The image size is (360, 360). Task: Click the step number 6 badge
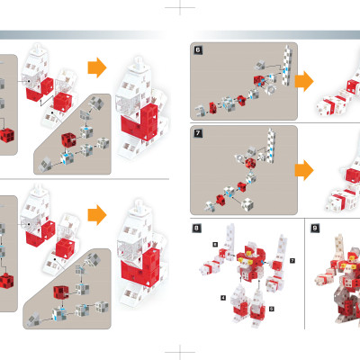tap(198, 50)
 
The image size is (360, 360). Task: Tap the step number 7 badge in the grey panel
tap(198, 133)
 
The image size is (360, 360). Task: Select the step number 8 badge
tap(196, 229)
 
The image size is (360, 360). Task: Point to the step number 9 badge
tap(314, 229)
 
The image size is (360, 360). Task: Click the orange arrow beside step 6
tap(304, 81)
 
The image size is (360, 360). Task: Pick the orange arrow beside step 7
tap(304, 170)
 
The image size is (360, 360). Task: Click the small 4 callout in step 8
tap(223, 298)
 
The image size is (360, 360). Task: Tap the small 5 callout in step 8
tap(271, 309)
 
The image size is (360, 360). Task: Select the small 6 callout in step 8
tap(215, 245)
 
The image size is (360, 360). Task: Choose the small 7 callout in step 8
tap(292, 261)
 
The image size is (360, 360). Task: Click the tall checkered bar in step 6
tap(287, 66)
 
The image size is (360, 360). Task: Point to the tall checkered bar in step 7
tap(272, 146)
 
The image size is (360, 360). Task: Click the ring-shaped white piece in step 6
tap(272, 89)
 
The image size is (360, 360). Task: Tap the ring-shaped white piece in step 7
tap(240, 157)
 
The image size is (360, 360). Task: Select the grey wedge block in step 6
tap(260, 65)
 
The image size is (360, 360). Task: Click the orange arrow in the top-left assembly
tap(97, 67)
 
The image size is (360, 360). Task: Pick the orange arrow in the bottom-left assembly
tap(97, 215)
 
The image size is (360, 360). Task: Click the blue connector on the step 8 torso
tap(263, 262)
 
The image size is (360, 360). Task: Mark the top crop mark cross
tap(180, 7)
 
